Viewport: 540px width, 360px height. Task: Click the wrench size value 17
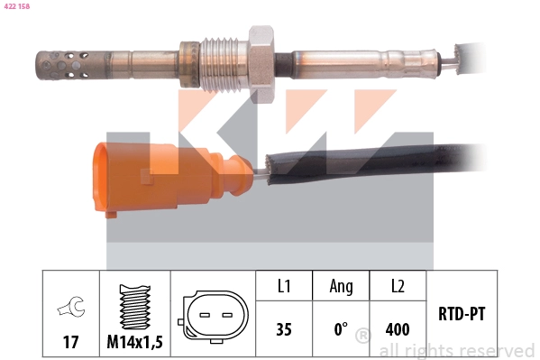[70, 342]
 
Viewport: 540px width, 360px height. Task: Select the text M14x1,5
[134, 342]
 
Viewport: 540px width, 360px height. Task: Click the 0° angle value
[341, 329]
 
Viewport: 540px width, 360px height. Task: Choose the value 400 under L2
[398, 329]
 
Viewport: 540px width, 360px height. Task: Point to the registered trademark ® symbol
[363, 337]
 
